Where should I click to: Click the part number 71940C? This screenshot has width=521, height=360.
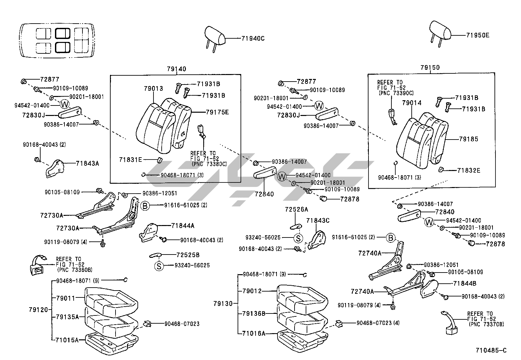253,38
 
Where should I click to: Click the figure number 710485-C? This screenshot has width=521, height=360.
491,351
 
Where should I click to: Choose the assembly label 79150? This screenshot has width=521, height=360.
430,67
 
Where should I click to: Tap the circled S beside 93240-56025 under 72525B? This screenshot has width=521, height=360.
159,266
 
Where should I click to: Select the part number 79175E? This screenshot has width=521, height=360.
217,112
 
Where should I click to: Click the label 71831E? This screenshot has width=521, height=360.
131,160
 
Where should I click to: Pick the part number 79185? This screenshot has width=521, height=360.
468,139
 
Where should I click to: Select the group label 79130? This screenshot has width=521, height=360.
223,304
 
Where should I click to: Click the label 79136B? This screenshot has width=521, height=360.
253,313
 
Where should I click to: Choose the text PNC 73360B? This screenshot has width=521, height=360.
75,270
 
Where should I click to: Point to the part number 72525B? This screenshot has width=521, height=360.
188,255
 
